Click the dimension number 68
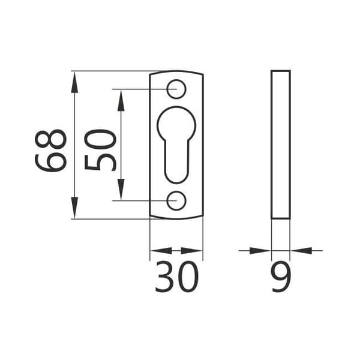(x=51, y=151)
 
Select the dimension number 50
(x=101, y=150)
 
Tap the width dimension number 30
(x=176, y=277)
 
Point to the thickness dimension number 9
(x=281, y=277)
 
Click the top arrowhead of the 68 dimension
(x=74, y=82)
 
